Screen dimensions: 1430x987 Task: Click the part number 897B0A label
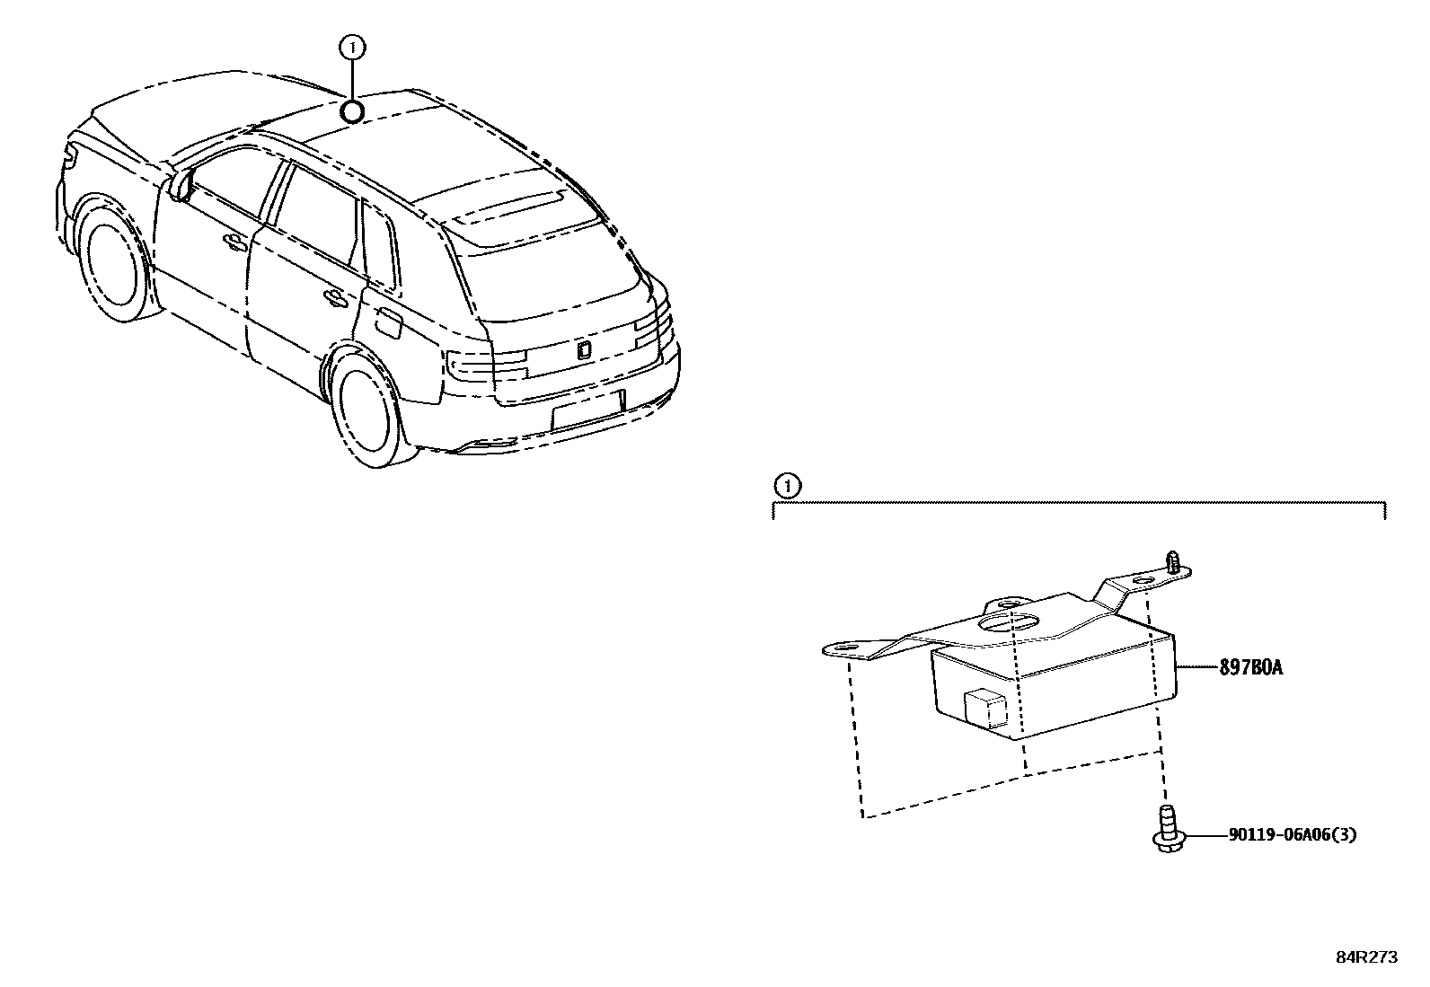coord(1250,668)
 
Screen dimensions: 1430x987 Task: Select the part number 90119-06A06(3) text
coord(1292,834)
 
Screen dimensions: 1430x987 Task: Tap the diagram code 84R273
coord(1367,957)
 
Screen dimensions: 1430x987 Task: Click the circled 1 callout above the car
coord(352,48)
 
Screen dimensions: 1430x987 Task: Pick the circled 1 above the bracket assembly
coord(787,487)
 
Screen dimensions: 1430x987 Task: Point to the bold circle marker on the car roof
coord(352,111)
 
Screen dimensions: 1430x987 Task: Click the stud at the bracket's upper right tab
coord(1171,562)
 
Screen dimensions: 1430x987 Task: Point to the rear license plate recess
coord(587,410)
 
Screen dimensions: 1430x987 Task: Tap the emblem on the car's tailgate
coord(583,350)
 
